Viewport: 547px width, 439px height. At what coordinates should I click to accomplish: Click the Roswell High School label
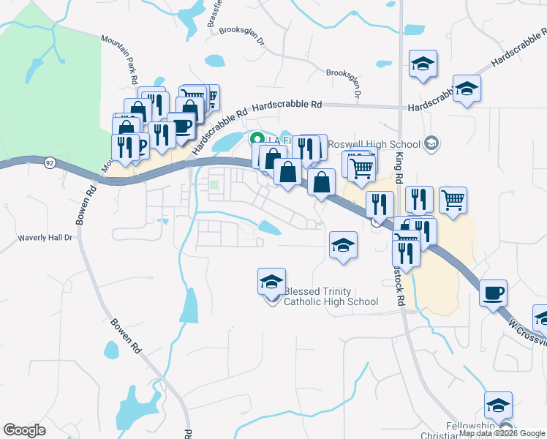[376, 143]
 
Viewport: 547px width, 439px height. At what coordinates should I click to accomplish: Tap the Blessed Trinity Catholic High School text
[331, 296]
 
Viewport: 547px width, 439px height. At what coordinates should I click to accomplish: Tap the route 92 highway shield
[49, 162]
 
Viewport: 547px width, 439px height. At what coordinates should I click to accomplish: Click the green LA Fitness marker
[257, 138]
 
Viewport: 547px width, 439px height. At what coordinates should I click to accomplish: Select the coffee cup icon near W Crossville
[494, 293]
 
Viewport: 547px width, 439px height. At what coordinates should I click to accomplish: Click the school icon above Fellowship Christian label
[498, 405]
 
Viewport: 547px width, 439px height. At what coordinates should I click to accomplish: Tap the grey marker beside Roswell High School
[431, 143]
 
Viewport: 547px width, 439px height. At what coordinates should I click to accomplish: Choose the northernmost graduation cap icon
[423, 64]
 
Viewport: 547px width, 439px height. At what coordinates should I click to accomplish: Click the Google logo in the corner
[24, 430]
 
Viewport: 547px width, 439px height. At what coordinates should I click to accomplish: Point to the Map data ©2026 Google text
[502, 434]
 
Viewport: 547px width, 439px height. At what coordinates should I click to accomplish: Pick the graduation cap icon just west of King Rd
[343, 245]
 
